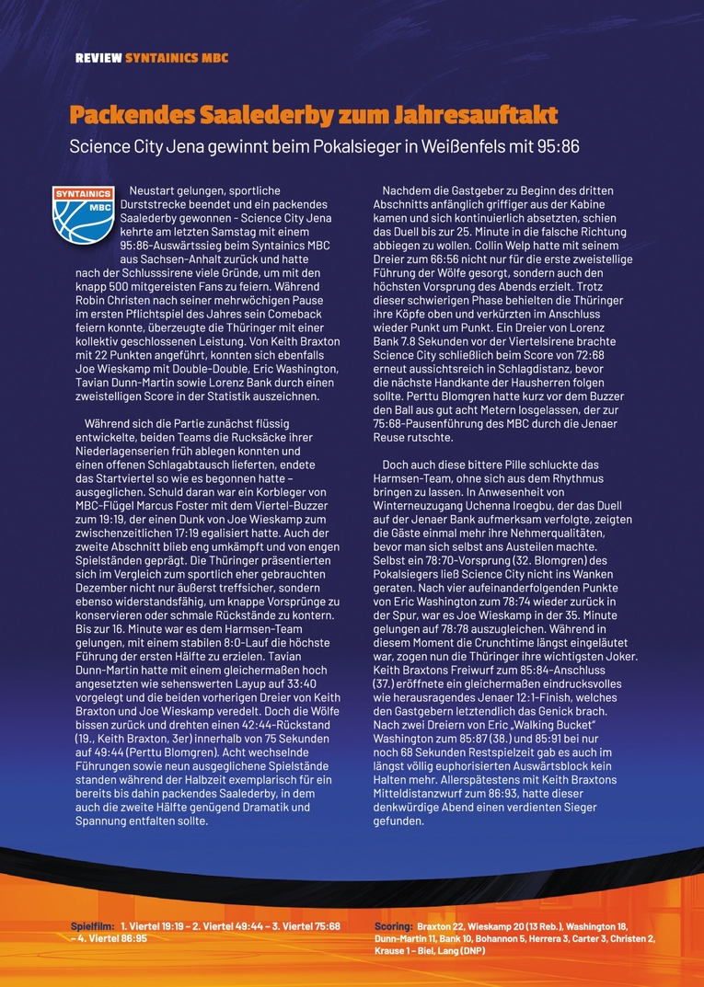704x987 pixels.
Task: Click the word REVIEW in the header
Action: [x=98, y=57]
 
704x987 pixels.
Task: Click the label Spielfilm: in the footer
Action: [x=93, y=925]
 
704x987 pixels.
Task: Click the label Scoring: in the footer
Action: [x=393, y=925]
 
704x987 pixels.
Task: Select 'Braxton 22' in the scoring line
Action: [x=441, y=925]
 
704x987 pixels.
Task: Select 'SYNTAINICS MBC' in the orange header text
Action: [x=177, y=57]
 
